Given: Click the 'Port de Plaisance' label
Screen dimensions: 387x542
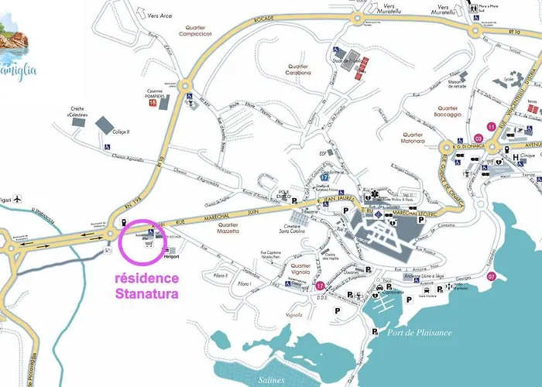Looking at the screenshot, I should point(414,332).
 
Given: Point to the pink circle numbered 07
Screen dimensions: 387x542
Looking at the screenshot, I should point(490,276).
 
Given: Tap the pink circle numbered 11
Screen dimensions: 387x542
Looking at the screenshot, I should point(489,126).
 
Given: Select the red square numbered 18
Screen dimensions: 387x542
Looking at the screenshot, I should point(153,102).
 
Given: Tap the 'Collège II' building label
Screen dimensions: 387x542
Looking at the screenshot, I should point(121,132).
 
